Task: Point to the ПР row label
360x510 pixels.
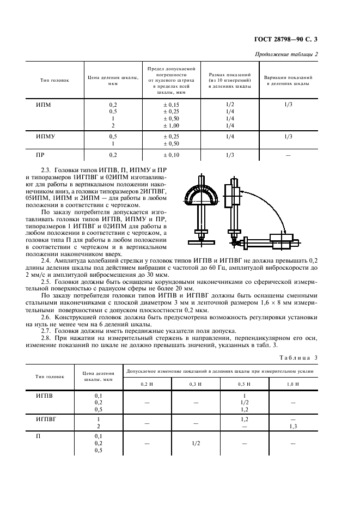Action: [40, 155]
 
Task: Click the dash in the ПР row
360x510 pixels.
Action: [288, 155]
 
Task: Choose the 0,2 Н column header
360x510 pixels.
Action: [148, 384]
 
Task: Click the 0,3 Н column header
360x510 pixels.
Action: [195, 384]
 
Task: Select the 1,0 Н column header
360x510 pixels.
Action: [293, 384]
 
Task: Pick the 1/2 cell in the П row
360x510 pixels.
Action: [195, 444]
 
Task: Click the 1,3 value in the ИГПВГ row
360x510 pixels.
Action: [293, 426]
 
